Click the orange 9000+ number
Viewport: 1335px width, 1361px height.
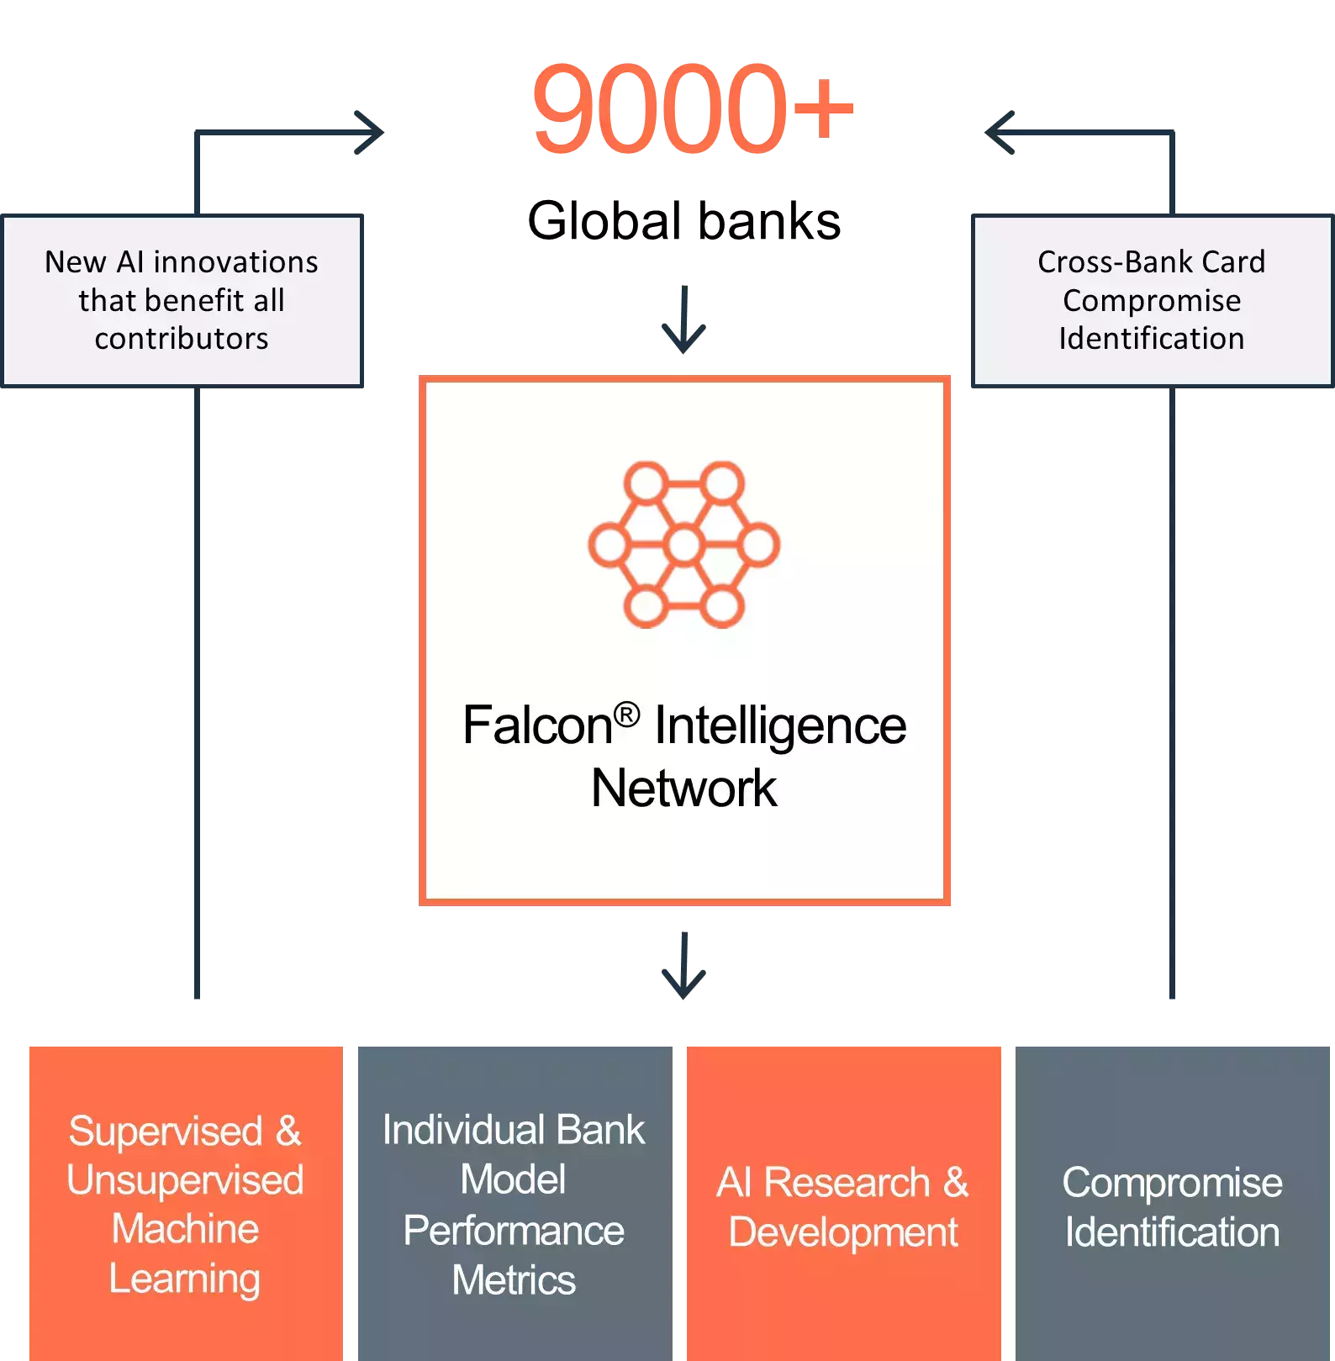pyautogui.click(x=691, y=109)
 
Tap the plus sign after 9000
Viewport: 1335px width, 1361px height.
pyautogui.click(x=822, y=108)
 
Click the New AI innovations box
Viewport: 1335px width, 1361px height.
pyautogui.click(x=182, y=301)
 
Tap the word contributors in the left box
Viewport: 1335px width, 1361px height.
pyautogui.click(x=182, y=339)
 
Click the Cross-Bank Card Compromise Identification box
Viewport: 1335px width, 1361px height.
pyautogui.click(x=1152, y=301)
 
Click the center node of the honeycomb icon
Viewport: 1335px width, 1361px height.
pyautogui.click(x=684, y=545)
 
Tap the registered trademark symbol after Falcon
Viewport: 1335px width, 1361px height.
pyautogui.click(x=626, y=715)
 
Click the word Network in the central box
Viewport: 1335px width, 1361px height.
pyautogui.click(x=683, y=789)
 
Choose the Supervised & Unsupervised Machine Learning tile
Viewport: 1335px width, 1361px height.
pyautogui.click(x=186, y=1202)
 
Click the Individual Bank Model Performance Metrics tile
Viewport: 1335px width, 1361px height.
pyautogui.click(x=514, y=1202)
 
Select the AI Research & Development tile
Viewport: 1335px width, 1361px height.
pyautogui.click(x=843, y=1202)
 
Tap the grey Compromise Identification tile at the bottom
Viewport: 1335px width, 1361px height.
pyautogui.click(x=1173, y=1202)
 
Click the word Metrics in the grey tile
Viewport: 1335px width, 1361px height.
pyautogui.click(x=514, y=1280)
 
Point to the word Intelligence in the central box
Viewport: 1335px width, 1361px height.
pyautogui.click(x=780, y=725)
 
